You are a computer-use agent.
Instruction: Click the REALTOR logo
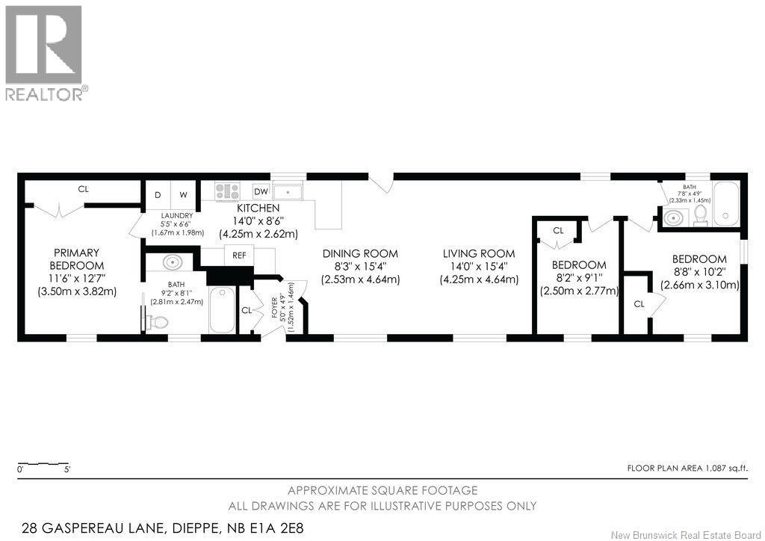click(x=46, y=53)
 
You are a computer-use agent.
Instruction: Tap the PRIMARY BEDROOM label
click(x=77, y=259)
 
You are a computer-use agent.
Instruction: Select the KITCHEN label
click(x=258, y=208)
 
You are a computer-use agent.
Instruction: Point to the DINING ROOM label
click(x=360, y=253)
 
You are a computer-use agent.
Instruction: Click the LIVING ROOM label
click(x=479, y=253)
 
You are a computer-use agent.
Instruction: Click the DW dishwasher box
click(x=261, y=191)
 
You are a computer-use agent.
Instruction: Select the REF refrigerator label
click(x=239, y=255)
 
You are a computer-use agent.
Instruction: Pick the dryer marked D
click(x=158, y=194)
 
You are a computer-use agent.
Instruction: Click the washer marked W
click(x=183, y=194)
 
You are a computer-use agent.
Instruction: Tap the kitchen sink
click(x=288, y=191)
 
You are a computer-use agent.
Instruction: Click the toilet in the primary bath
click(x=157, y=322)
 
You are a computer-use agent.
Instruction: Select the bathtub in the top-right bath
click(x=725, y=203)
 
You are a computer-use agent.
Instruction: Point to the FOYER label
click(x=274, y=307)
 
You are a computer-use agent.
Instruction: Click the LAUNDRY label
click(x=177, y=216)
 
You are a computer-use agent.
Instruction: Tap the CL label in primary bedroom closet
click(x=84, y=189)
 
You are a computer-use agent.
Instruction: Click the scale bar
click(x=43, y=463)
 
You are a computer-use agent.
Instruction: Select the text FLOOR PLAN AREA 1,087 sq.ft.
click(x=687, y=469)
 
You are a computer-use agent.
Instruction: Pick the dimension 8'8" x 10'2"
click(x=699, y=272)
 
